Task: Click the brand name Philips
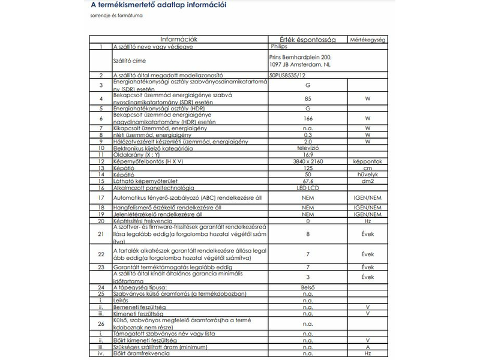[280, 46]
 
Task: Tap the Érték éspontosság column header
[308, 39]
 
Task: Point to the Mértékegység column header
[367, 39]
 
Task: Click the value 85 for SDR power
[308, 98]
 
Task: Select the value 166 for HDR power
[308, 118]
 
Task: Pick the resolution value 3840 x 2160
[308, 162]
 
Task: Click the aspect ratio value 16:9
[308, 155]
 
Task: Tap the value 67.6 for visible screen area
[308, 181]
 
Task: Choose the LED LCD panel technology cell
[308, 187]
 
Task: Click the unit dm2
[367, 181]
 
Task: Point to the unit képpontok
[367, 162]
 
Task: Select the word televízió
[308, 148]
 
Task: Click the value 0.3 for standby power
[308, 135]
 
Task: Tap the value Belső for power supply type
[308, 288]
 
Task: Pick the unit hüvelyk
[367, 175]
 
